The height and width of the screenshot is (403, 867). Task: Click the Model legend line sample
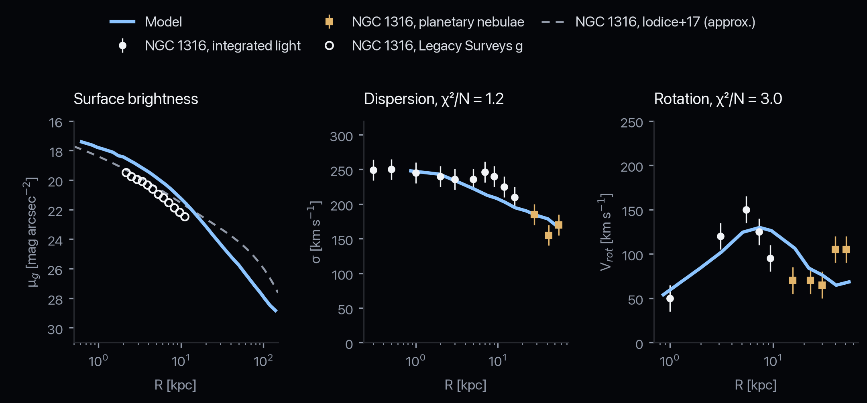click(122, 22)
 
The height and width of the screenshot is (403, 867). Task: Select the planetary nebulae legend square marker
click(329, 22)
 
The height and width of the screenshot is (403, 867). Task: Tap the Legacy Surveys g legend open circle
click(329, 46)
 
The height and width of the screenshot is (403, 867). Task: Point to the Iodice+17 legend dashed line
click(553, 22)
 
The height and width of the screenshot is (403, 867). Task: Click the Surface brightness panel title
click(136, 99)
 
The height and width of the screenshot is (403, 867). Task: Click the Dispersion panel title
click(433, 99)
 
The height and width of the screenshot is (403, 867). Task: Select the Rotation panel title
click(718, 99)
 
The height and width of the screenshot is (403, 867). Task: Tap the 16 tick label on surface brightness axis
click(55, 122)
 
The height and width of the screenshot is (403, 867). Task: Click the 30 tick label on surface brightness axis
click(55, 329)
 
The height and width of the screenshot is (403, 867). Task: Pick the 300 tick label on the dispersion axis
click(341, 136)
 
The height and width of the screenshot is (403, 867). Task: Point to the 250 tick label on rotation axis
click(632, 122)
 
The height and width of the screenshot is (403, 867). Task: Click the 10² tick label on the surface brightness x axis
click(263, 361)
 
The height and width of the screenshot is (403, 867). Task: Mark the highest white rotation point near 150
click(746, 210)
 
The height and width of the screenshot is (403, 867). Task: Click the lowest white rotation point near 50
click(670, 298)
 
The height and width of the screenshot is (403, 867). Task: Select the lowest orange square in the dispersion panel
click(549, 235)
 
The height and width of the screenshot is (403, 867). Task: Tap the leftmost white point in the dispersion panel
click(373, 170)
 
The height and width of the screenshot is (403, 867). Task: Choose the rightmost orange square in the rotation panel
click(846, 249)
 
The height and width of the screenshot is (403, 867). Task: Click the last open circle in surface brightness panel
click(185, 217)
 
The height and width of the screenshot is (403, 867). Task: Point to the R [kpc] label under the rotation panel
click(755, 385)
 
